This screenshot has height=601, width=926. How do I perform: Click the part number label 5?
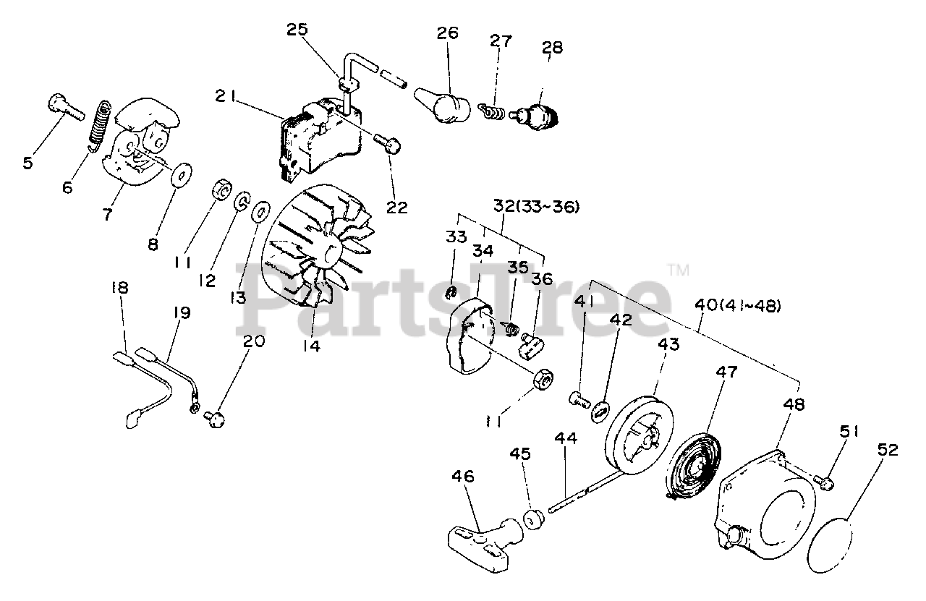tap(28, 162)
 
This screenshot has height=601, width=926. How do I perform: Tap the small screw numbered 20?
tap(215, 419)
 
